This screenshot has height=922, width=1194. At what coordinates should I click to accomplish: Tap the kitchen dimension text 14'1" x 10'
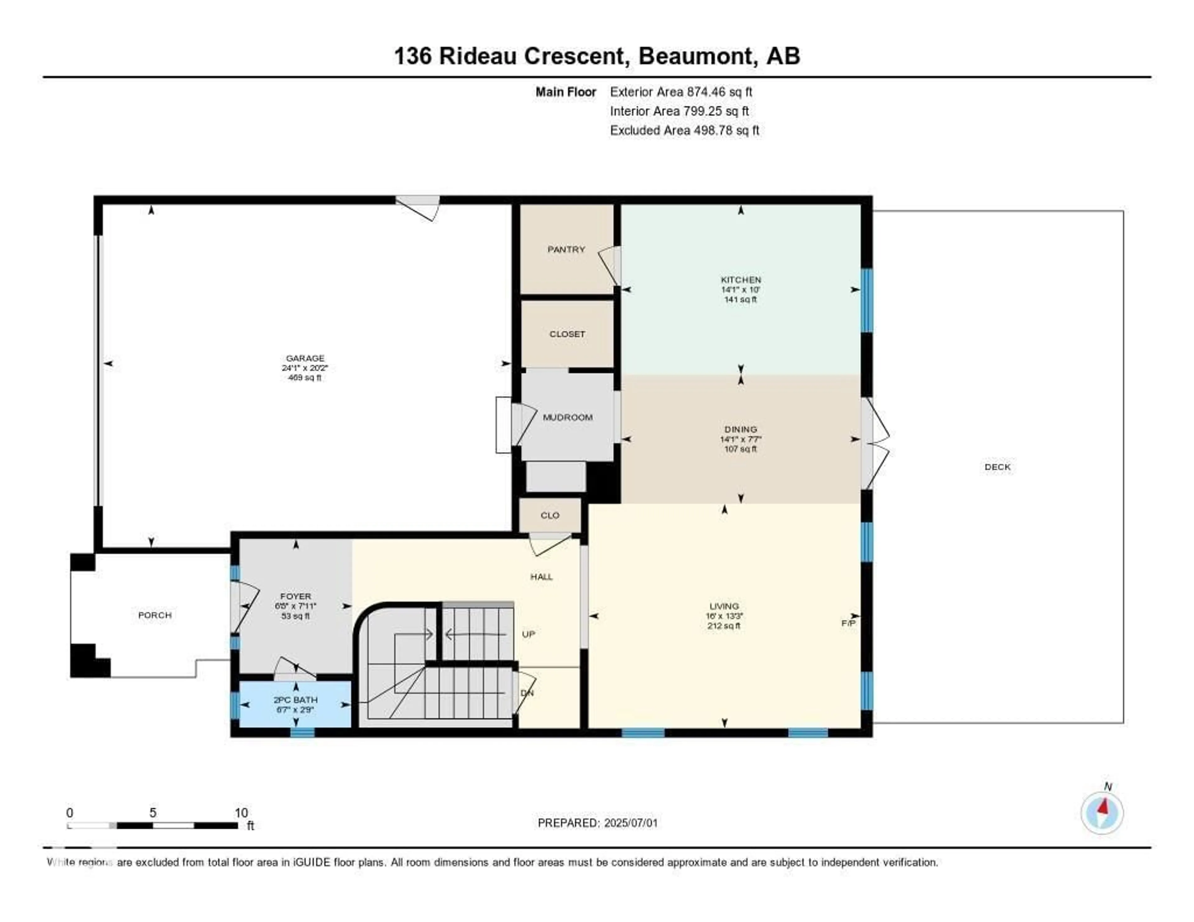click(x=740, y=290)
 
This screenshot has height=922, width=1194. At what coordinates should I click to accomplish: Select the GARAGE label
click(x=305, y=358)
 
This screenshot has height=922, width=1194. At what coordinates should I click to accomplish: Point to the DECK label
click(x=997, y=467)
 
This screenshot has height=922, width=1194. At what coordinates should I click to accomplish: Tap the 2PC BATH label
click(x=295, y=699)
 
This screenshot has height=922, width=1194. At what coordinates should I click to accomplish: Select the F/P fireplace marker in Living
click(x=848, y=623)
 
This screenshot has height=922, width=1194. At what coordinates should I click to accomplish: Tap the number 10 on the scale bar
click(x=241, y=813)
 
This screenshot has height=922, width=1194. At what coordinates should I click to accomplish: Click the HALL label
click(x=541, y=577)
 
